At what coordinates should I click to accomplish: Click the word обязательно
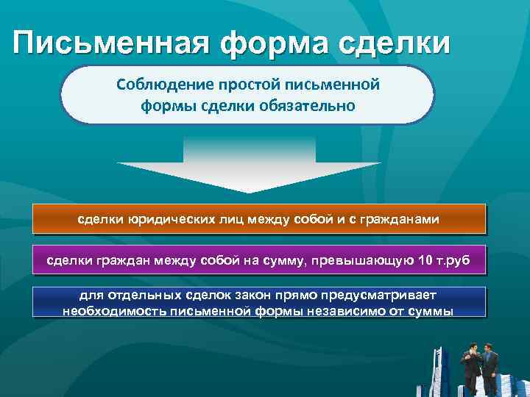pyautogui.click(x=309, y=106)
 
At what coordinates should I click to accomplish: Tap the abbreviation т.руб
pyautogui.click(x=457, y=260)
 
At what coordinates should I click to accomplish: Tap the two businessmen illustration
pyautogui.click(x=478, y=365)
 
